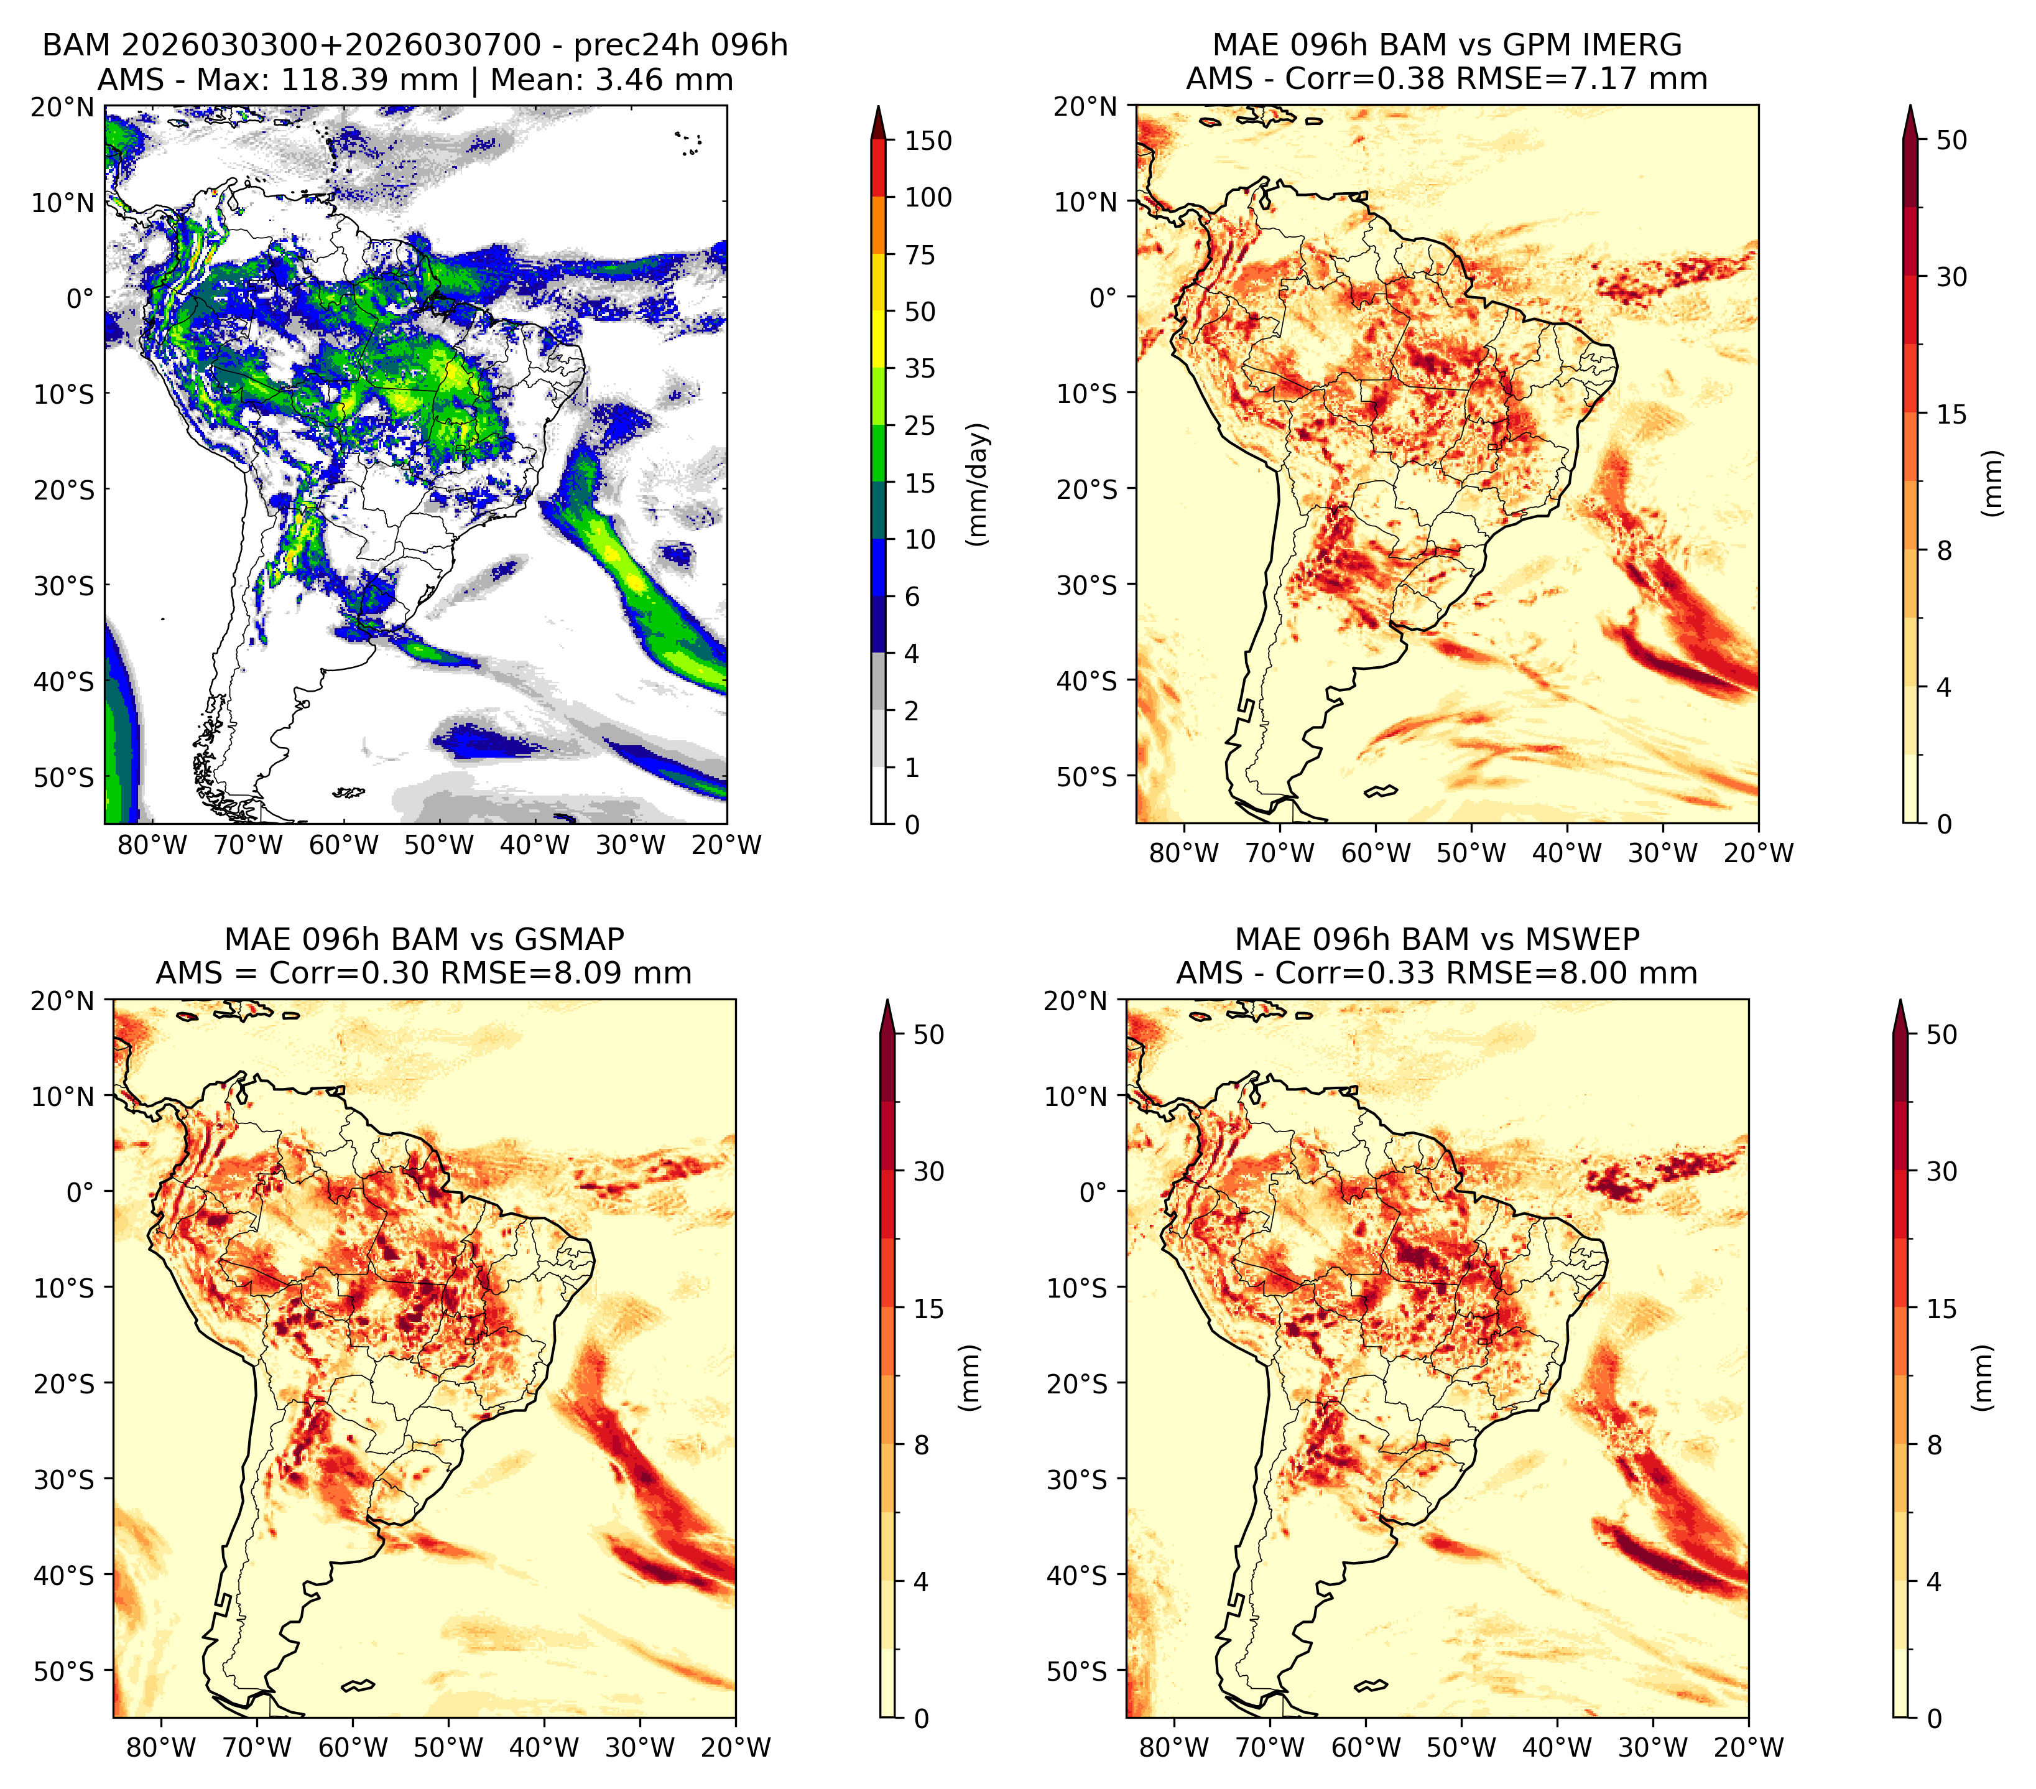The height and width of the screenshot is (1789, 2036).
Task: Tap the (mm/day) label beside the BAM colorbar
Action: click(x=978, y=484)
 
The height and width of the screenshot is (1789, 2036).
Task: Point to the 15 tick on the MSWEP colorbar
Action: click(x=1941, y=1309)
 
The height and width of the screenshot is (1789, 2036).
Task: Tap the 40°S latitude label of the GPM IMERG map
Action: click(x=1087, y=681)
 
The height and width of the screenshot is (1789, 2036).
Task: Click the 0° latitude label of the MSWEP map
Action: click(x=1094, y=1192)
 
